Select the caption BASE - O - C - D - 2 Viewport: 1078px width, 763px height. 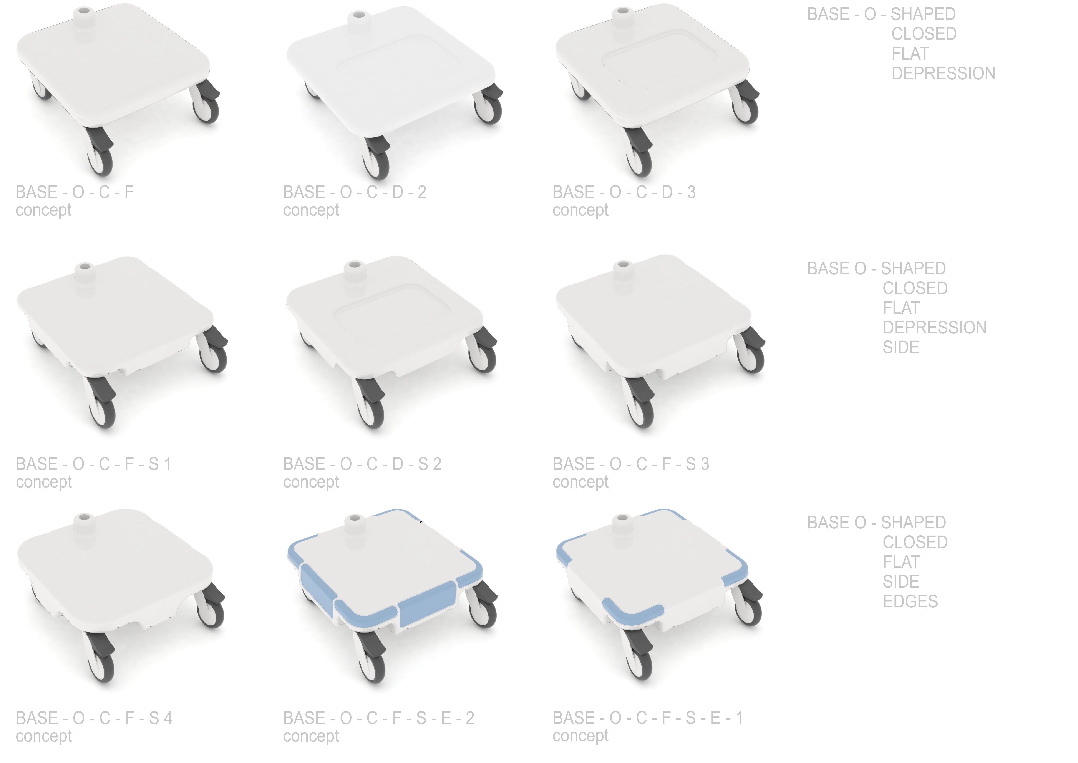pyautogui.click(x=355, y=192)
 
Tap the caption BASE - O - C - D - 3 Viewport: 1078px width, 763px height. pyautogui.click(x=624, y=192)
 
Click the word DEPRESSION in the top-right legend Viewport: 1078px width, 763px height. pyautogui.click(x=943, y=73)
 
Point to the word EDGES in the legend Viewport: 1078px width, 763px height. pyautogui.click(x=910, y=601)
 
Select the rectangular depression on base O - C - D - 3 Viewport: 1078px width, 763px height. pyautogui.click(x=660, y=61)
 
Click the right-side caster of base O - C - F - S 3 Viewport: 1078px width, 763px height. pyautogui.click(x=750, y=355)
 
